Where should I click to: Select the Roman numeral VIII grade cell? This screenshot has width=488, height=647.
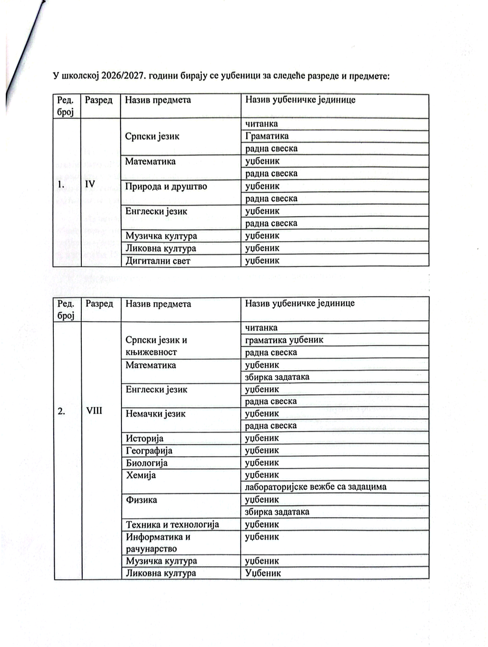[x=94, y=411]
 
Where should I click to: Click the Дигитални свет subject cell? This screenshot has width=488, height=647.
[x=158, y=260]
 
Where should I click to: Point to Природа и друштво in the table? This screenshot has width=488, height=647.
[x=166, y=186]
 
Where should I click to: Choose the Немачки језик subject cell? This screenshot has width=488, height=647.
[x=155, y=414]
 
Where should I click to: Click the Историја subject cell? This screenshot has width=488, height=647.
[x=145, y=438]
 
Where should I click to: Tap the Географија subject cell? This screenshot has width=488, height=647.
[x=149, y=450]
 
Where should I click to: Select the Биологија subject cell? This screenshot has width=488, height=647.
[x=147, y=463]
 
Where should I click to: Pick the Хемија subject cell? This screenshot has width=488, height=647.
[x=141, y=475]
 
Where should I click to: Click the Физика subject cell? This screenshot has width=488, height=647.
[x=141, y=500]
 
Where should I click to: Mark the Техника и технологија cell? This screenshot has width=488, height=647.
[x=172, y=524]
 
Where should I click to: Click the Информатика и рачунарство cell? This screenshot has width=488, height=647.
[x=158, y=543]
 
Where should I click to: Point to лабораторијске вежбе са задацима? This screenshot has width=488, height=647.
[x=315, y=487]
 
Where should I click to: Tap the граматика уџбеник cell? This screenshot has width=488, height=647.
[x=284, y=340]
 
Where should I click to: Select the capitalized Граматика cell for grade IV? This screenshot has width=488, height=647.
[x=267, y=136]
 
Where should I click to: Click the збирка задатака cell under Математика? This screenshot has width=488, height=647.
[x=277, y=377]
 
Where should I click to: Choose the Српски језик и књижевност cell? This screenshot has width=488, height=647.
[x=156, y=346]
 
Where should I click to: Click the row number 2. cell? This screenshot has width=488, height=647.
[x=61, y=411]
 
